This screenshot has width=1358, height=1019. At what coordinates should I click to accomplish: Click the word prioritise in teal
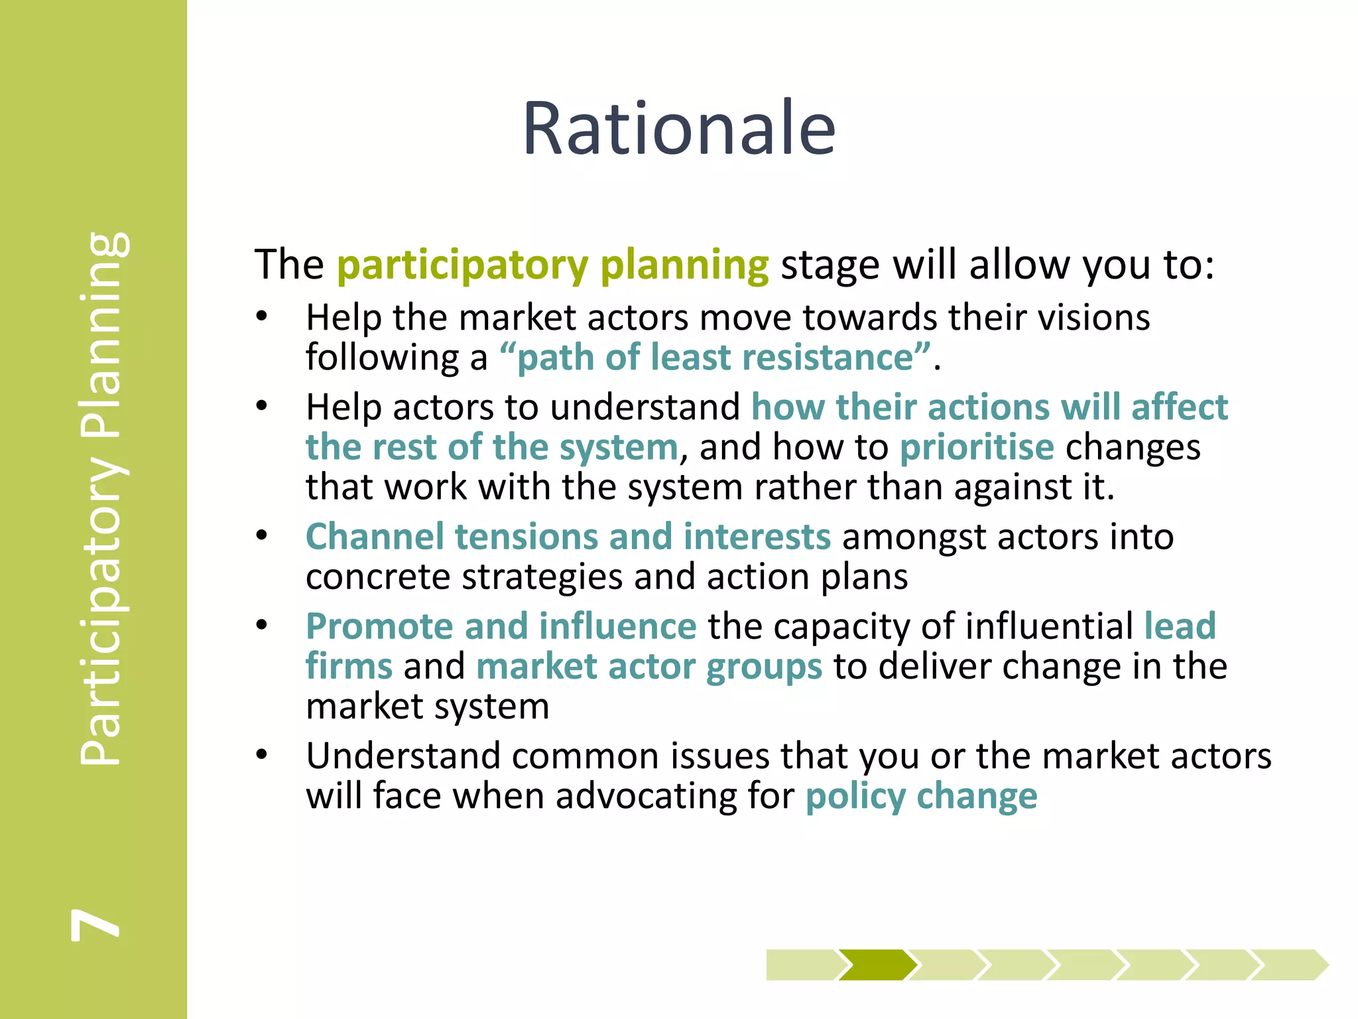pos(976,447)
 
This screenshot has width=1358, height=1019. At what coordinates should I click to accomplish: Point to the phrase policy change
pos(921,795)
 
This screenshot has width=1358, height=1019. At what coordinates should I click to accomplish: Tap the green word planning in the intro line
pos(684,265)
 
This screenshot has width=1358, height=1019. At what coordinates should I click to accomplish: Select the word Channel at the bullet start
pos(375,536)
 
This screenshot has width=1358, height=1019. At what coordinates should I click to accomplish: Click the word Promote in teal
pos(379,626)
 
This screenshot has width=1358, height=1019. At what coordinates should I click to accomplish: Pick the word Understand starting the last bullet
pos(402,756)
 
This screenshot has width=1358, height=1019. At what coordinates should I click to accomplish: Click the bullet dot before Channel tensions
pos(263,535)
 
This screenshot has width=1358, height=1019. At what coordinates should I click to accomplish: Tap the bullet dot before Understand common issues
pos(263,754)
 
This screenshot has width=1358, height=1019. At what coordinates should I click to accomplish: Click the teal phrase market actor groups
pos(648,666)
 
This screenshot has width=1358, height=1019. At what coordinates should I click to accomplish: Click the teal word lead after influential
pos(1180,626)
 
